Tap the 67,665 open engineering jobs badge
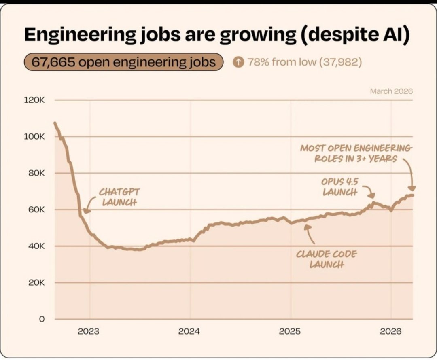pyautogui.click(x=124, y=62)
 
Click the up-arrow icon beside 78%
pyautogui.click(x=238, y=62)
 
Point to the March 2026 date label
pyautogui.click(x=391, y=91)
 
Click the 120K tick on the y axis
pyautogui.click(x=34, y=100)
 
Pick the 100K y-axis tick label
pyautogui.click(x=34, y=137)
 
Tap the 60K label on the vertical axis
pyautogui.click(x=36, y=210)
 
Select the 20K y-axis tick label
pyautogui.click(x=36, y=282)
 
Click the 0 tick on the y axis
pyautogui.click(x=41, y=319)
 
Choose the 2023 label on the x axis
pyautogui.click(x=88, y=331)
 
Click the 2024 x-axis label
pyautogui.click(x=189, y=331)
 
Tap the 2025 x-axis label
pyautogui.click(x=290, y=331)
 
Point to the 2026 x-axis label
pyautogui.click(x=391, y=331)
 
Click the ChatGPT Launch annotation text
pyautogui.click(x=119, y=197)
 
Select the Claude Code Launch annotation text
pyautogui.click(x=327, y=259)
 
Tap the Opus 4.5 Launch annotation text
pyautogui.click(x=340, y=187)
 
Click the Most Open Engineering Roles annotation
pyautogui.click(x=356, y=153)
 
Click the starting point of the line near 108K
pyautogui.click(x=55, y=123)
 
